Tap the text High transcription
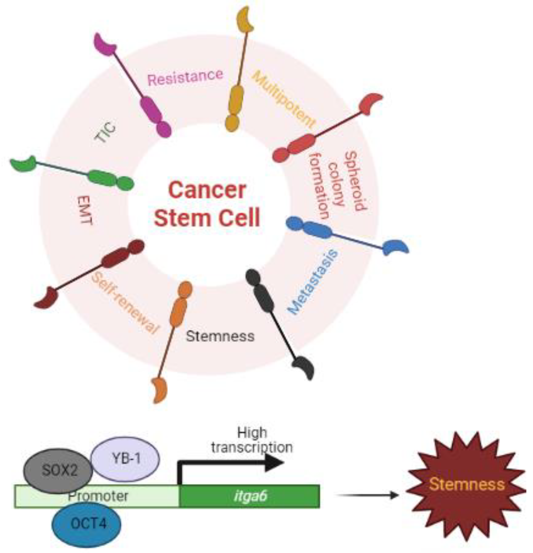coord(252,440)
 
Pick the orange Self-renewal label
coord(125,303)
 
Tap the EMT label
coord(85,210)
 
